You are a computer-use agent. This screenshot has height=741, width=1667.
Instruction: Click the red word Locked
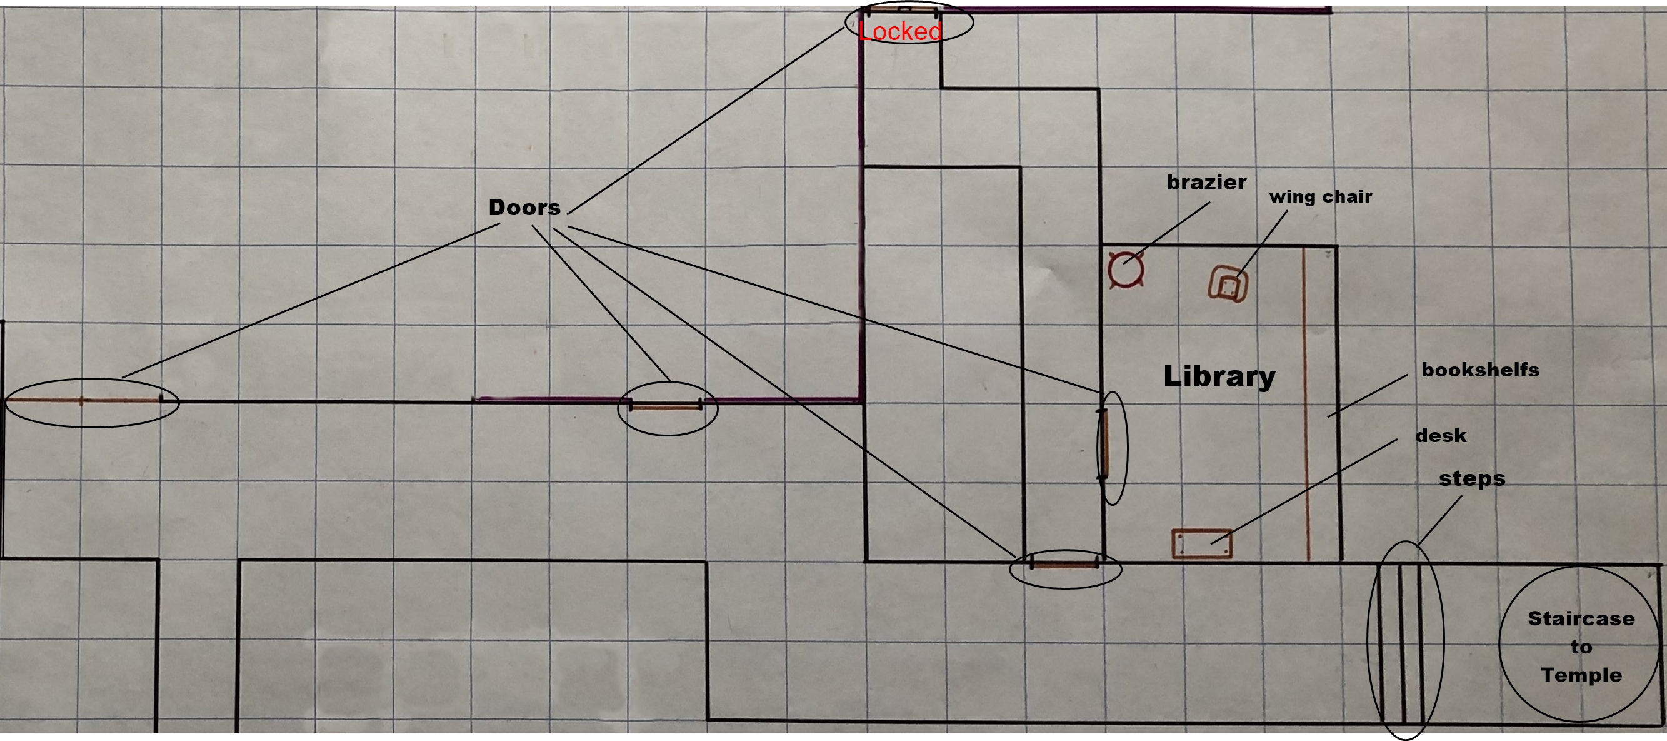899,31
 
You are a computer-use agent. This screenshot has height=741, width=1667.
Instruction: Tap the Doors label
524,207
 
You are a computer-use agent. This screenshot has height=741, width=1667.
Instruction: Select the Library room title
1219,376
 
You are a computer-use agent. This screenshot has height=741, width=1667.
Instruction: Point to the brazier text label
1206,183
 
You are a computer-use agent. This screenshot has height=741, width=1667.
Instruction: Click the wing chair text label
1320,197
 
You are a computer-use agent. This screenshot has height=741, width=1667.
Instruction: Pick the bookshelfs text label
1480,370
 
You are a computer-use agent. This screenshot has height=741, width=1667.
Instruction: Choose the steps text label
1471,479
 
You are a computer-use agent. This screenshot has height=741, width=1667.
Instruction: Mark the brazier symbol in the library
1125,270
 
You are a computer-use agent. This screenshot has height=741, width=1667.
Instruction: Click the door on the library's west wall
1103,445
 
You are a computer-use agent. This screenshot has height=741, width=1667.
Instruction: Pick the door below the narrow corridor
1064,564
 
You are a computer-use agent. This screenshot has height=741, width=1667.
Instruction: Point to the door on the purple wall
666,407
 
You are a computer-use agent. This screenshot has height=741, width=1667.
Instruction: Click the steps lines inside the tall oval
1399,643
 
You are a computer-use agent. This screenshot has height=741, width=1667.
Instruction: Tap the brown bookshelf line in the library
1306,405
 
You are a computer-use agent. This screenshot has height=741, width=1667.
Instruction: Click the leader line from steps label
1439,521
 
